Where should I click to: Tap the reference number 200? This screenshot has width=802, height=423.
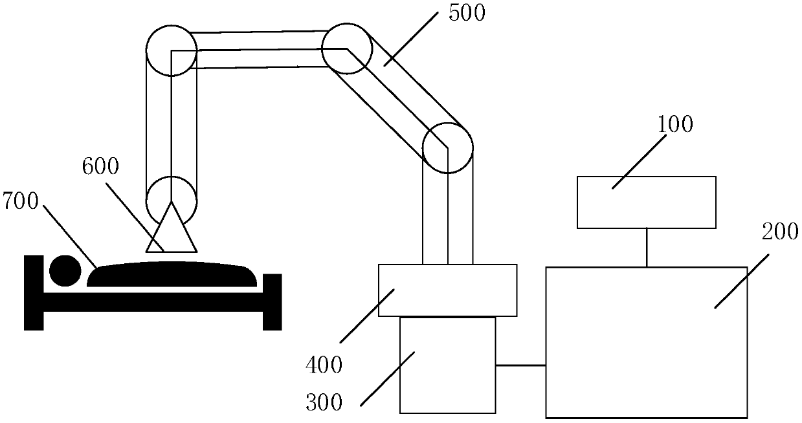[779, 231]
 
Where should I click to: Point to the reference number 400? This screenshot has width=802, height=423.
[324, 366]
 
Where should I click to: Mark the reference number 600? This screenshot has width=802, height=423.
[100, 167]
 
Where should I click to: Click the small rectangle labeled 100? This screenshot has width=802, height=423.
[646, 202]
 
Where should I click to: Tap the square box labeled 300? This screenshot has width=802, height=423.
[447, 365]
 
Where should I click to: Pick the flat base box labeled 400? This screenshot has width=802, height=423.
[447, 290]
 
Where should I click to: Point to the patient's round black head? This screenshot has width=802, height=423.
[65, 271]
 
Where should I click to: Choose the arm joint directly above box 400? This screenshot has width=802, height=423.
[447, 147]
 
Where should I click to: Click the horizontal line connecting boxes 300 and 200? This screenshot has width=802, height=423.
[520, 365]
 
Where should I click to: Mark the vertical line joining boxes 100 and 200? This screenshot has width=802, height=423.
[646, 246]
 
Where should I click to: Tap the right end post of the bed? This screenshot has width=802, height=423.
[273, 301]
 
